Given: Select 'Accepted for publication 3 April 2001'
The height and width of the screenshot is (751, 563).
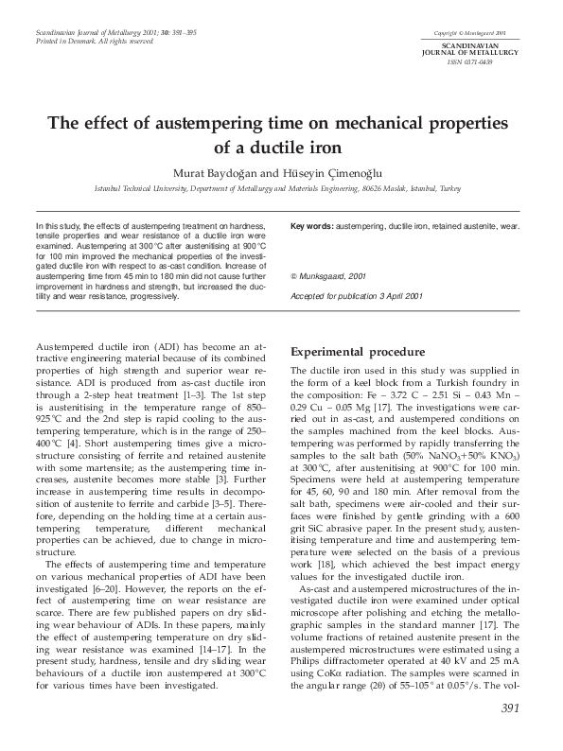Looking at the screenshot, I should (356, 296).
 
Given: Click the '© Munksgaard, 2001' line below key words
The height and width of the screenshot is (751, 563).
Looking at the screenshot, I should (327, 275).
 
